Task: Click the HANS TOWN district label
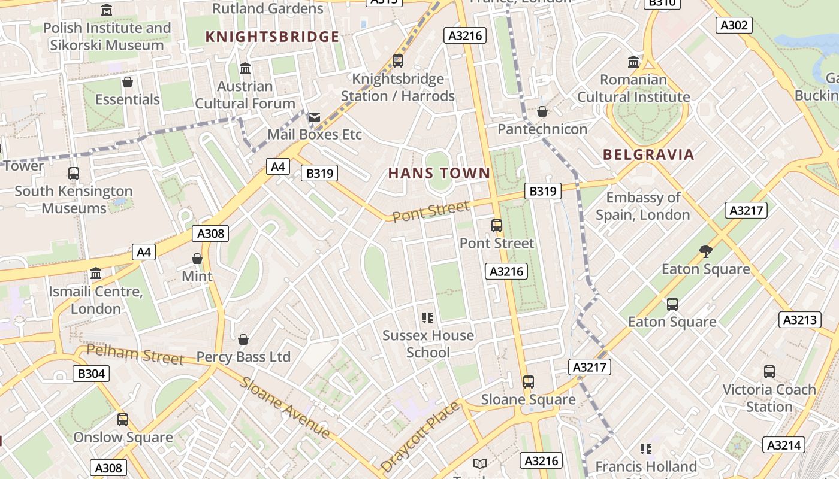[x=439, y=174]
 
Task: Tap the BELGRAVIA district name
[x=648, y=154]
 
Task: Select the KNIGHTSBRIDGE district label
[x=272, y=37]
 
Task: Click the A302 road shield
[x=734, y=25]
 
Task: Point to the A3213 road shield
[x=800, y=320]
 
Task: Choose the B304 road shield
[x=91, y=374]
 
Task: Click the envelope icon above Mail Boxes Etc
[x=314, y=117]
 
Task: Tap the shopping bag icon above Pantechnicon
[x=542, y=111]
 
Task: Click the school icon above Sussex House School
[x=428, y=317]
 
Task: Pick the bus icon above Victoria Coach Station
[x=769, y=372]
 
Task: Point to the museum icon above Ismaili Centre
[x=96, y=274]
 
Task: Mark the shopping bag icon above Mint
[x=197, y=259]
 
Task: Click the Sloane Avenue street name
[x=285, y=408]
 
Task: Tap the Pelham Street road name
[x=135, y=354]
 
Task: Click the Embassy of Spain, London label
[x=643, y=206]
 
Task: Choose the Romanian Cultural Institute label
[x=633, y=88]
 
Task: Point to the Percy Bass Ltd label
[x=243, y=357]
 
